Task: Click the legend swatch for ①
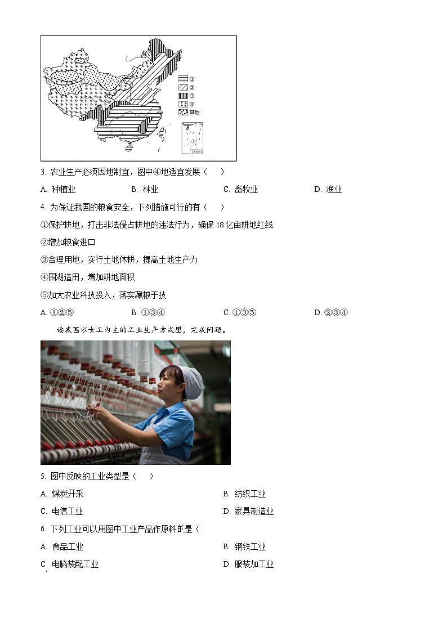pos(183,79)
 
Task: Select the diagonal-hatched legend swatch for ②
pos(183,88)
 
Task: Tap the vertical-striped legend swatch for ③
pos(183,96)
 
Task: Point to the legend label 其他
pos(194,113)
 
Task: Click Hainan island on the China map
pos(129,150)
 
